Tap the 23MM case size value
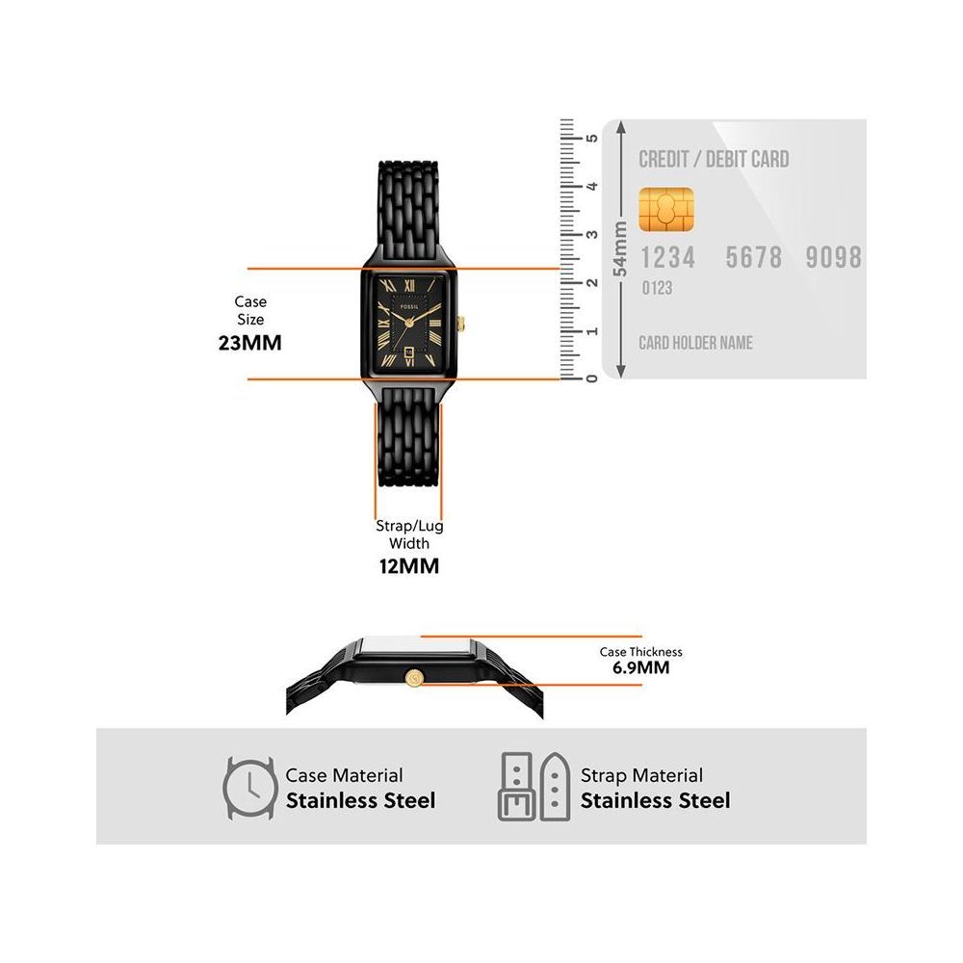[x=250, y=341]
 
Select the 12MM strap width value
[x=409, y=566]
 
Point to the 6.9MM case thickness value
[x=640, y=667]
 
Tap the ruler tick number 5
[x=592, y=138]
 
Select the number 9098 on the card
[x=834, y=257]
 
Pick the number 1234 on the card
[x=667, y=257]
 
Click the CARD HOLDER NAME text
[x=695, y=343]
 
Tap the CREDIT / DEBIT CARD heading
[x=714, y=159]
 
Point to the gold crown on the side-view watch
[x=415, y=676]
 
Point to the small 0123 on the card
[x=657, y=288]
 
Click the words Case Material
[x=344, y=775]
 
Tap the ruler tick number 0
[x=591, y=377]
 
